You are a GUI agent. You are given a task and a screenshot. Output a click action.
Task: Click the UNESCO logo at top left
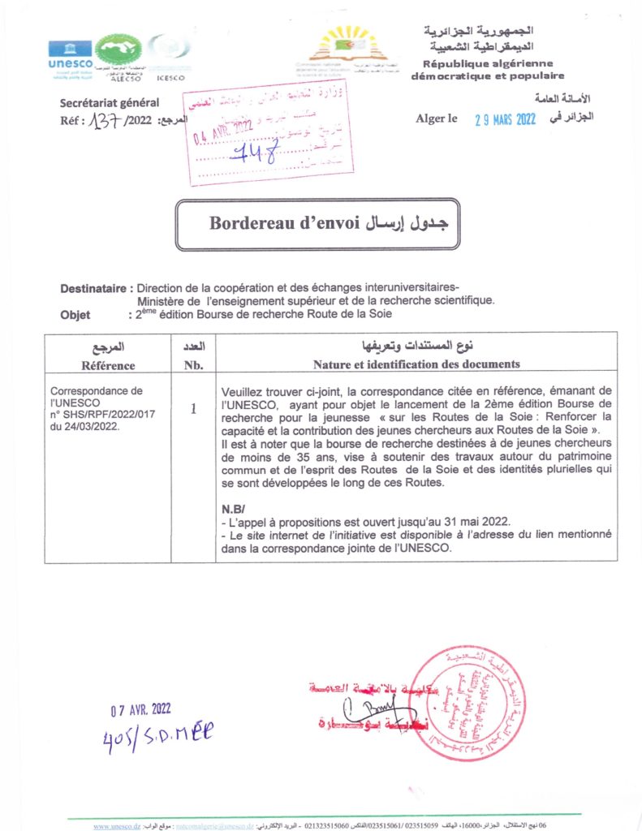click(x=70, y=54)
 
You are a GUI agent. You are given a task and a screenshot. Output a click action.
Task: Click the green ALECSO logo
click(x=118, y=52)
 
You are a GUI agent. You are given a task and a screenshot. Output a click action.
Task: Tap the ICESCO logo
click(x=168, y=54)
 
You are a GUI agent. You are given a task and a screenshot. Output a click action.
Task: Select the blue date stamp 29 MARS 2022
click(x=505, y=119)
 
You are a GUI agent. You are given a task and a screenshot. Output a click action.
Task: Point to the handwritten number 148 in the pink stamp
click(x=253, y=151)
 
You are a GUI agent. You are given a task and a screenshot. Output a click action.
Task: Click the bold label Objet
click(x=75, y=315)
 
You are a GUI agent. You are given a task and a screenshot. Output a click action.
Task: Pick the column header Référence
click(x=108, y=365)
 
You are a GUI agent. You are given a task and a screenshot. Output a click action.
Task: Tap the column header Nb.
click(x=193, y=365)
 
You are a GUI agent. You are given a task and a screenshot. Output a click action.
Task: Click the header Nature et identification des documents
click(x=416, y=364)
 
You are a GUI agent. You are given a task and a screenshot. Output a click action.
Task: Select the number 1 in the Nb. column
click(x=193, y=409)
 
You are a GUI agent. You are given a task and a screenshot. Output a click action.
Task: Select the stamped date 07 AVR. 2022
click(x=141, y=710)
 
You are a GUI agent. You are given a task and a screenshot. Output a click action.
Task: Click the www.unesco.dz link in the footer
click(x=117, y=826)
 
